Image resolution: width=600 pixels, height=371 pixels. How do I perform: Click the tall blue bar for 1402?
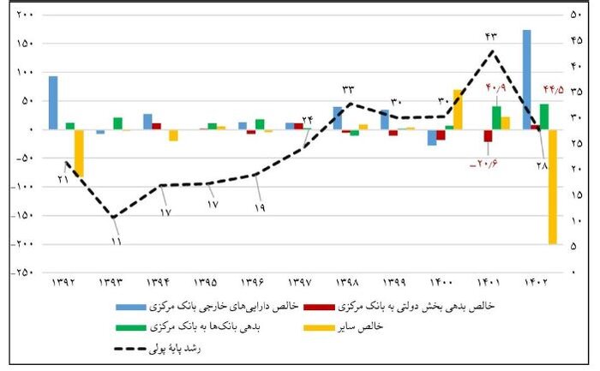[x=526, y=79]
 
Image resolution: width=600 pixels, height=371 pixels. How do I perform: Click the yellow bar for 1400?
[x=458, y=109]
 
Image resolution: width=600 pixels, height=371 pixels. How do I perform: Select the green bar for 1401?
[x=496, y=117]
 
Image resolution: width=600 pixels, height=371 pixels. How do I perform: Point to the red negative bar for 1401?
[x=488, y=135]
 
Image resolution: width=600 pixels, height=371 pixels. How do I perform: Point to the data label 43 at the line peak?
[x=490, y=36]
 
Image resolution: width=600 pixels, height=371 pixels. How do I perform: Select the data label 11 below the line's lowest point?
[x=115, y=242]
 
